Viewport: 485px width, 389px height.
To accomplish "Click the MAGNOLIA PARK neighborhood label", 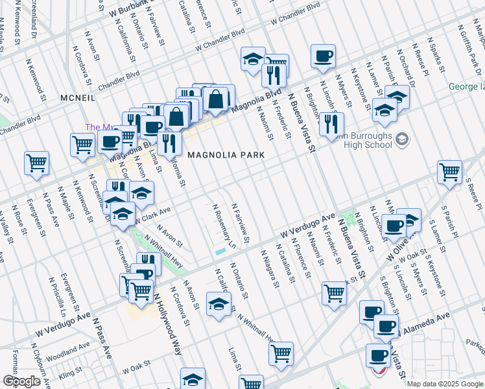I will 226,156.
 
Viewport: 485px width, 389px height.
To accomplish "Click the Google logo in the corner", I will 21,381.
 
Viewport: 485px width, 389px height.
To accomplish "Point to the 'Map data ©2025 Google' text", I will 445,384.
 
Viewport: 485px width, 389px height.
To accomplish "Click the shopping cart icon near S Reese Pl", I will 449,172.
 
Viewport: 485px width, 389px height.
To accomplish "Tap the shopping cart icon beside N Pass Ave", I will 36,163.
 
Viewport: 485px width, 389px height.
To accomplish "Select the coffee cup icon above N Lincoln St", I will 322,56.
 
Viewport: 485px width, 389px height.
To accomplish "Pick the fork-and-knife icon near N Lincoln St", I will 331,123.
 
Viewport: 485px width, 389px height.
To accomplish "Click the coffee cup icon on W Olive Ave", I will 393,226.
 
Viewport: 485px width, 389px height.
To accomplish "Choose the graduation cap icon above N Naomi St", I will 252,60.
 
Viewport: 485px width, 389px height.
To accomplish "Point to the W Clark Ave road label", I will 152,214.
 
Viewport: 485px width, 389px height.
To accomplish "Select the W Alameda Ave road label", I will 425,322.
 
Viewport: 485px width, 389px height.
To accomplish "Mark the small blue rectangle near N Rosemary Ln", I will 221,251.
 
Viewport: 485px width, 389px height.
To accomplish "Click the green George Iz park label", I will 467,86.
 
